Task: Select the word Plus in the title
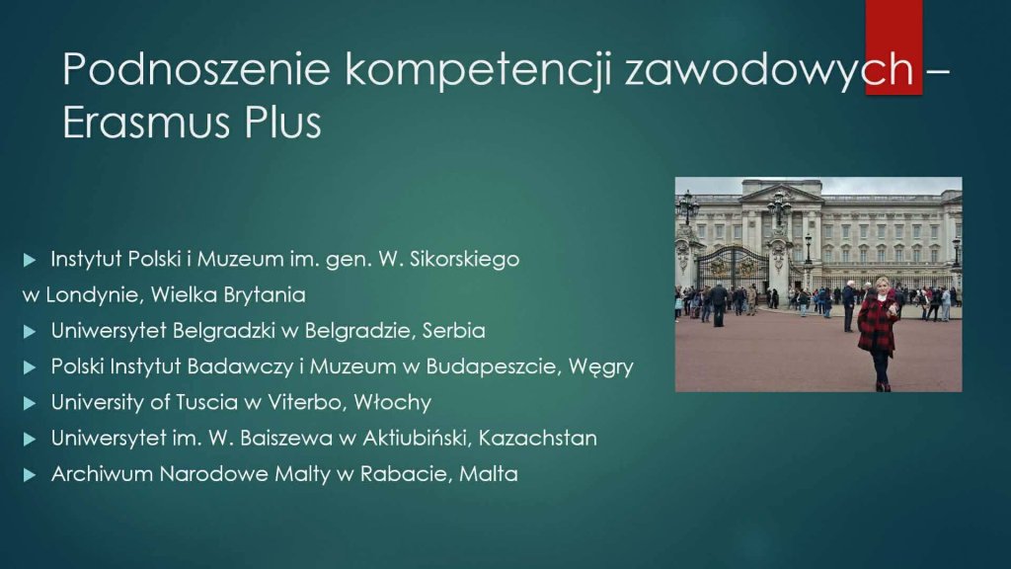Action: tap(282, 122)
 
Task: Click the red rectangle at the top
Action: tap(894, 47)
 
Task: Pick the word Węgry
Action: tap(601, 367)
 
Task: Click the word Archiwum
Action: tap(102, 474)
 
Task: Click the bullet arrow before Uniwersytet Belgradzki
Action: tap(29, 332)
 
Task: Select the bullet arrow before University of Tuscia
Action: tap(29, 403)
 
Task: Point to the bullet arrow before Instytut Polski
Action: tap(29, 260)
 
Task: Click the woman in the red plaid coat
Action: tap(879, 333)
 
